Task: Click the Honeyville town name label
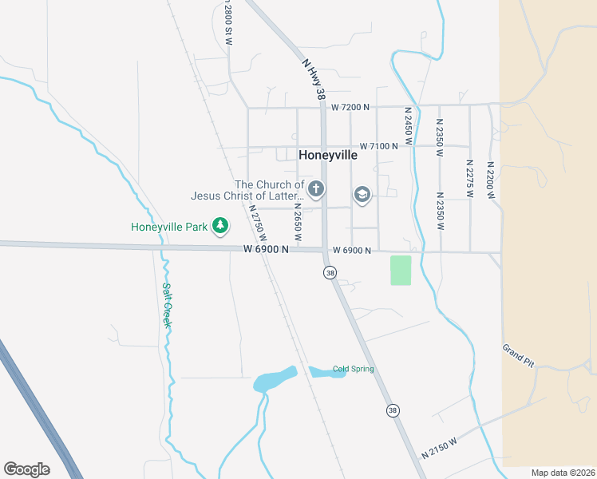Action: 328,156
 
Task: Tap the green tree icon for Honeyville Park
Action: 220,227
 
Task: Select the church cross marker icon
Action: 316,189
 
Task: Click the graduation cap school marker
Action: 362,195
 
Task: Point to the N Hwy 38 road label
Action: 314,77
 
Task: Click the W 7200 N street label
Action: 351,107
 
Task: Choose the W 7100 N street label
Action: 379,146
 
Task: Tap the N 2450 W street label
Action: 408,125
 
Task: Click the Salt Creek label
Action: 168,305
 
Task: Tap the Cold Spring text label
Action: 354,369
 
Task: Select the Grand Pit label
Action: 518,355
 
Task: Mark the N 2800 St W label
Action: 228,22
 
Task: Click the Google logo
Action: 26,469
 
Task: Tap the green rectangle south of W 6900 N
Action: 401,271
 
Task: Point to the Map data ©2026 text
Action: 563,472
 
